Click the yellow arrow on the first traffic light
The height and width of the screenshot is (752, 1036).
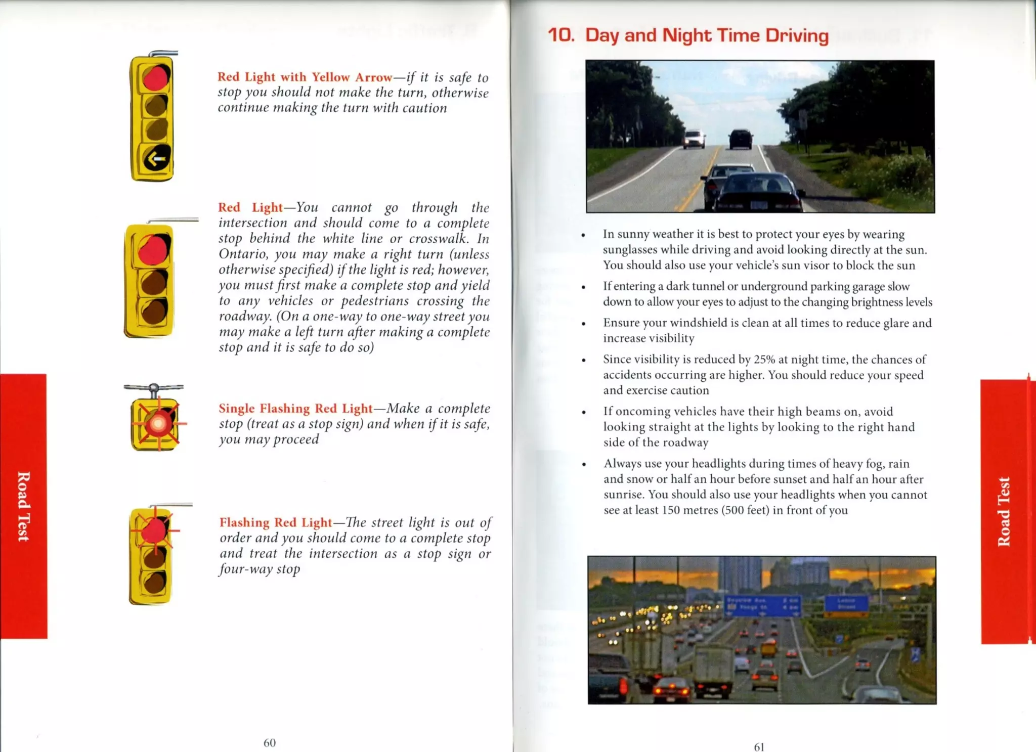(x=156, y=159)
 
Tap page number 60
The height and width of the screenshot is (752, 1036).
(x=270, y=742)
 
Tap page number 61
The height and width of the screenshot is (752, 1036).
(x=759, y=747)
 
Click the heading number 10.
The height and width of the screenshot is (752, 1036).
(x=561, y=35)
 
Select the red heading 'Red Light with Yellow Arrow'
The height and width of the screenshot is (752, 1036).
(x=305, y=77)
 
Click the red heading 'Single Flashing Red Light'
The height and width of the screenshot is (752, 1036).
(x=295, y=408)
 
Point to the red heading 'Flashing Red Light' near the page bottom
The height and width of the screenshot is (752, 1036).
(x=276, y=522)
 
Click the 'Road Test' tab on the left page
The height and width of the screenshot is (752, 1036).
(x=23, y=506)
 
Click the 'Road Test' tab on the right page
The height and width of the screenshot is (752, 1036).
(x=1004, y=511)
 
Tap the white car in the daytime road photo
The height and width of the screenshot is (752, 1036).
(x=694, y=139)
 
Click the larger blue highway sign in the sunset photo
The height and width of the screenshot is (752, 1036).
(x=763, y=605)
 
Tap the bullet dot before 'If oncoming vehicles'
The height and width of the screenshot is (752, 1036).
(x=584, y=412)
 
